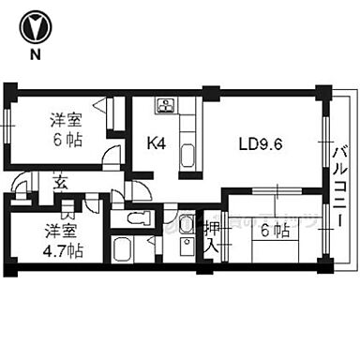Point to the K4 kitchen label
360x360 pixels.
click(157, 144)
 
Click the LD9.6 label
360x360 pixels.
click(262, 144)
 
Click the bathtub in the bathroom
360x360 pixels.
click(123, 251)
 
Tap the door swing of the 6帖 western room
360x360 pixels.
click(115, 157)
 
